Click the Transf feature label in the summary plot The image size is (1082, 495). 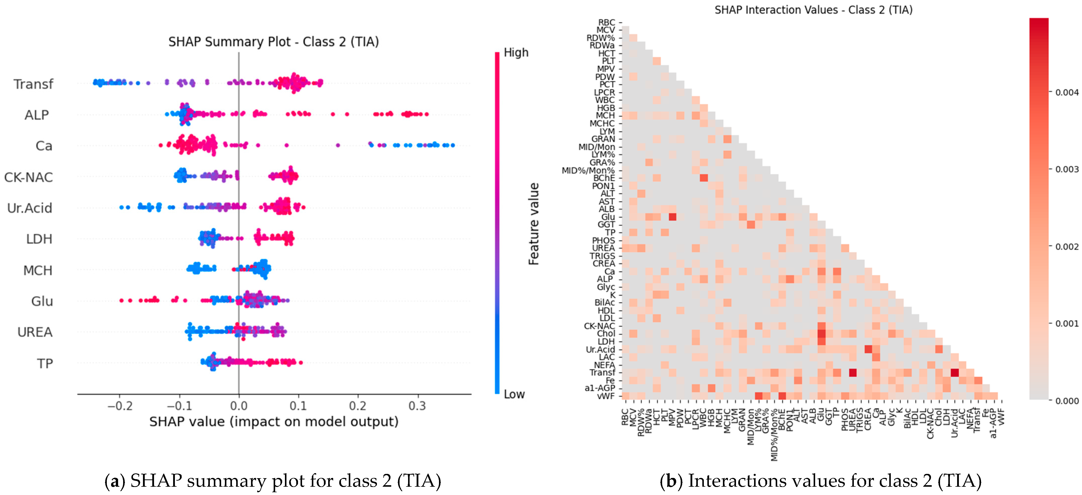click(33, 84)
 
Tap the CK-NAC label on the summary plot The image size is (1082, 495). click(29, 177)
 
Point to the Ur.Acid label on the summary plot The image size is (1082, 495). click(30, 208)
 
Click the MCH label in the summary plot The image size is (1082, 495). click(38, 270)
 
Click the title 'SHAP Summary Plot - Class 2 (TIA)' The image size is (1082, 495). click(273, 42)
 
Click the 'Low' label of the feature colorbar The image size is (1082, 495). click(514, 394)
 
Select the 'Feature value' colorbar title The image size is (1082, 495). click(534, 224)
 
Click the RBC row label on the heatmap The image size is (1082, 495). click(607, 22)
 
